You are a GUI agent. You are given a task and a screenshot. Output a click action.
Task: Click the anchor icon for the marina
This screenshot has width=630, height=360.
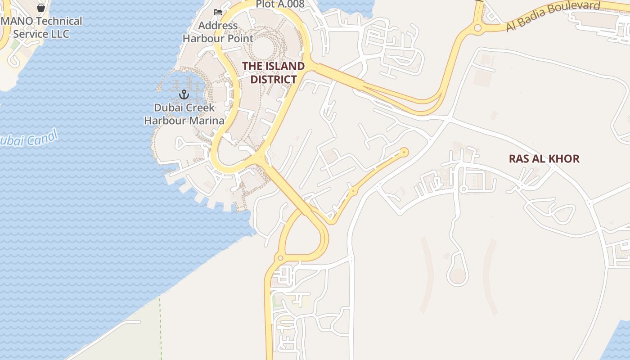point(184,94)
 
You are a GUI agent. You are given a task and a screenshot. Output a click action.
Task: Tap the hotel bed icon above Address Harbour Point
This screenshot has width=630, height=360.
point(218,12)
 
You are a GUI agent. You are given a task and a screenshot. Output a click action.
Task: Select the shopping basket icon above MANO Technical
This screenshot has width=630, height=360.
point(41,7)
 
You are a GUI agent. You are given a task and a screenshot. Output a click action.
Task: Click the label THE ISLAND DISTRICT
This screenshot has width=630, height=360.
point(273,73)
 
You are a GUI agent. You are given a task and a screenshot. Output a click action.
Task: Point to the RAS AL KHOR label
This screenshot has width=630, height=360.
point(544,158)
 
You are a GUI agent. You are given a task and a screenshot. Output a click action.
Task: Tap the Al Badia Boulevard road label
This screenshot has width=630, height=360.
point(553,16)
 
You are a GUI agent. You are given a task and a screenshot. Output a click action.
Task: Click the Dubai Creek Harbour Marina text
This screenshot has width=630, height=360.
point(184,114)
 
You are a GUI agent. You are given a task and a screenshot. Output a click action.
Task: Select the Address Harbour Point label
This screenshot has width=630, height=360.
point(218,32)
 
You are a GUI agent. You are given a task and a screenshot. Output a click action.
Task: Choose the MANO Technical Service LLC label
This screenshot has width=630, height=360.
point(41,27)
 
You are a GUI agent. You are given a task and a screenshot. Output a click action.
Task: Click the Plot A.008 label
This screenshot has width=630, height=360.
point(280,4)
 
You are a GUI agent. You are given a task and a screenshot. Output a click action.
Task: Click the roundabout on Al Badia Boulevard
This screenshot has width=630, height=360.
point(477,28)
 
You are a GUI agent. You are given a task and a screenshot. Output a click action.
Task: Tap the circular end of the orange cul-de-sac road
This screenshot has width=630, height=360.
point(404,152)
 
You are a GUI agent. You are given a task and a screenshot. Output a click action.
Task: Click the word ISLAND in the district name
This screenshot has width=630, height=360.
point(285,66)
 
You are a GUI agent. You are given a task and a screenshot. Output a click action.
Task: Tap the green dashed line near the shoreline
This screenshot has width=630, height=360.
point(161,328)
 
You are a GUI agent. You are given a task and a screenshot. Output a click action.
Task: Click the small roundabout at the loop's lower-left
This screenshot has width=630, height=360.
point(280,258)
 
